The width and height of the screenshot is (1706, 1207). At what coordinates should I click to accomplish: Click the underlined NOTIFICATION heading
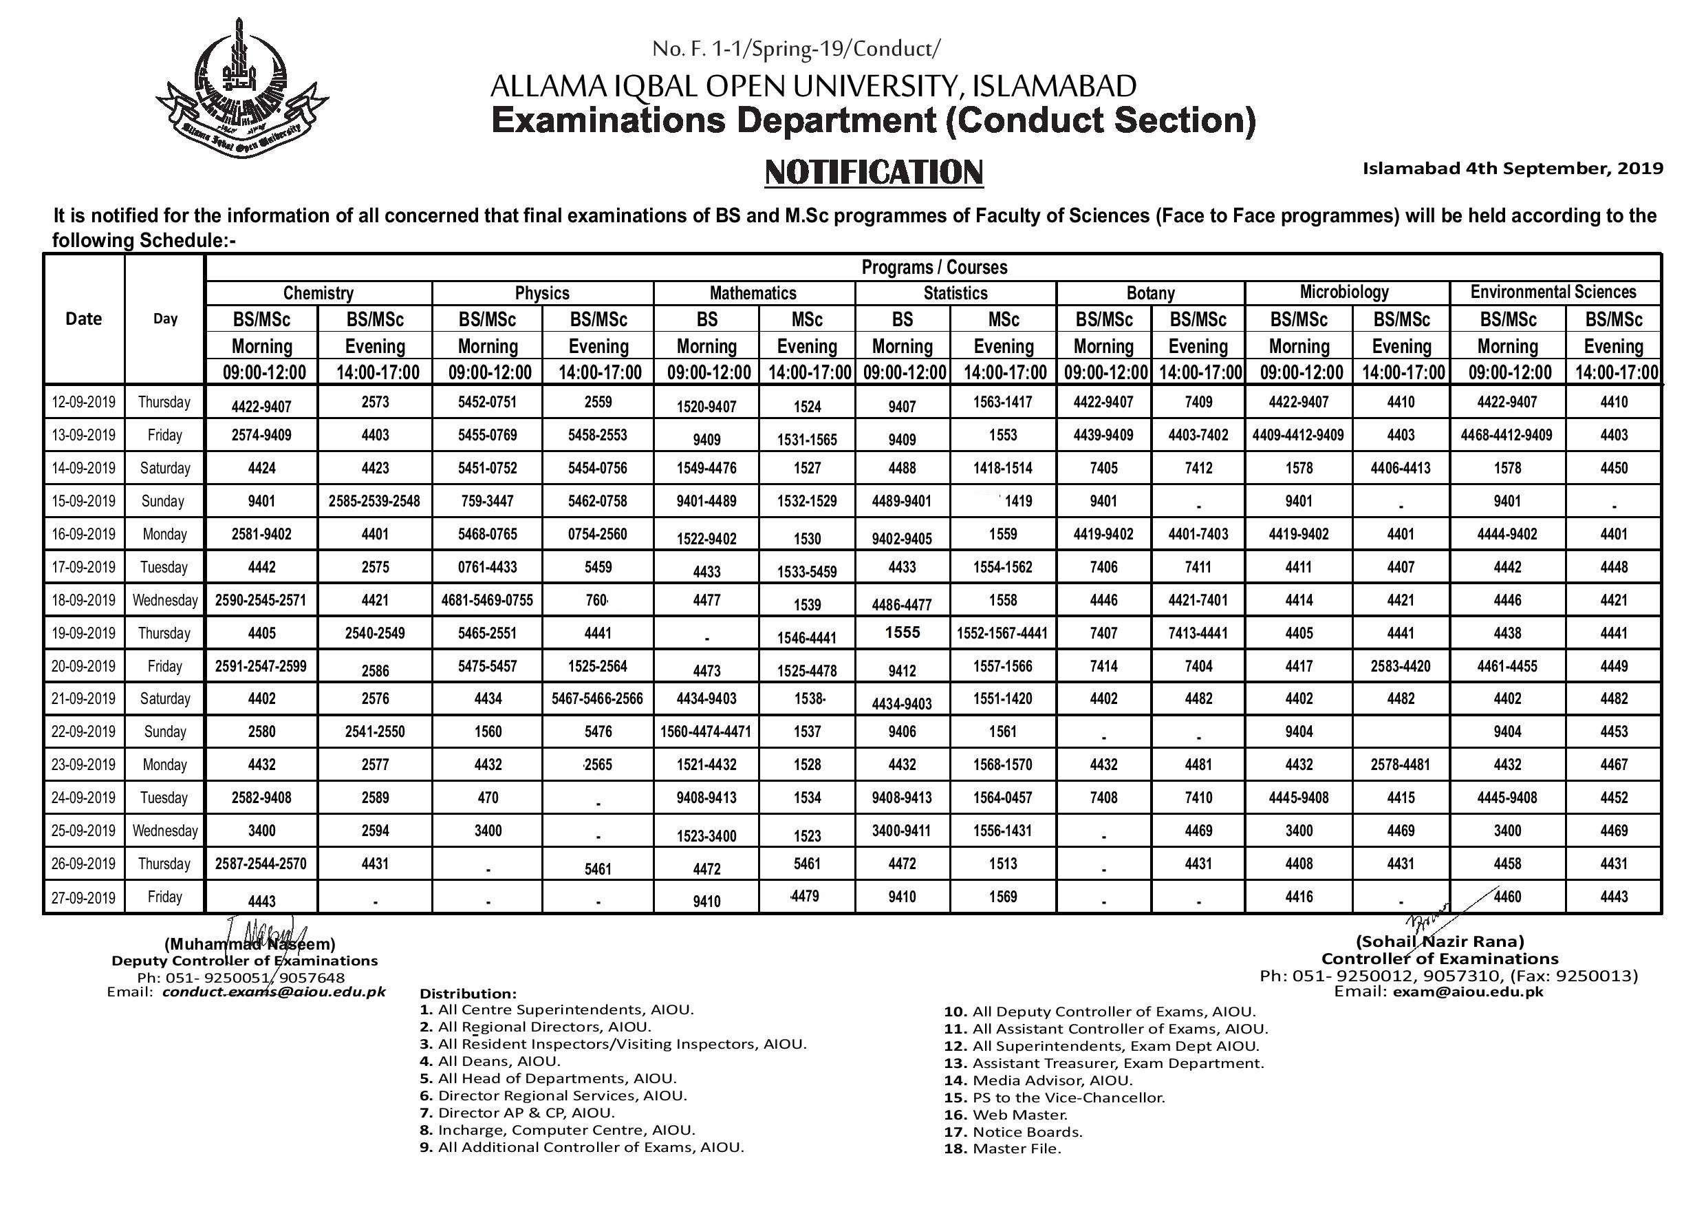[874, 173]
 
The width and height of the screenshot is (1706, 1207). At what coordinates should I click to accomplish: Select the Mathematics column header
[753, 293]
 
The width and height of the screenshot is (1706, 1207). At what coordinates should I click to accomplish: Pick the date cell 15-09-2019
[83, 501]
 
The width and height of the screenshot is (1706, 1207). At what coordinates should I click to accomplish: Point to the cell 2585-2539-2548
[374, 502]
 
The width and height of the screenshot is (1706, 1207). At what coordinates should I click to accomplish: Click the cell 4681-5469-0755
[488, 601]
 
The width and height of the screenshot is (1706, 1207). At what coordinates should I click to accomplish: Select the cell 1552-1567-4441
[1002, 633]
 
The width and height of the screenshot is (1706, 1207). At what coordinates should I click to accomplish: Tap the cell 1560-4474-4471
[705, 732]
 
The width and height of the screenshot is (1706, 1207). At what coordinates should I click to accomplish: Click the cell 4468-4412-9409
[1507, 435]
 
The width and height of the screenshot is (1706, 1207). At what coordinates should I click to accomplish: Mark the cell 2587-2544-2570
[261, 864]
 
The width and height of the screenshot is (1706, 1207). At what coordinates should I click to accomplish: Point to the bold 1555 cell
[902, 632]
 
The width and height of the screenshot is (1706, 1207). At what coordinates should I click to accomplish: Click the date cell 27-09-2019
[83, 898]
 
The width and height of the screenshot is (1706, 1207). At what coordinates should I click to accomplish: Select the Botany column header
[1150, 293]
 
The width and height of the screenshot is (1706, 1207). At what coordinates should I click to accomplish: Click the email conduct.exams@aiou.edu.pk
[274, 992]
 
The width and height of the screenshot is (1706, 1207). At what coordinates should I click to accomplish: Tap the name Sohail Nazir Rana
[1440, 941]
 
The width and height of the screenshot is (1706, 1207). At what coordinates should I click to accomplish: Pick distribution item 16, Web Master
[1006, 1115]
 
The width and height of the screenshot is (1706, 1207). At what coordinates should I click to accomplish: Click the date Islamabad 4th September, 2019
[1513, 169]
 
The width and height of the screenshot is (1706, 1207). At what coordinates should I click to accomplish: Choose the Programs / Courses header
[934, 268]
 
